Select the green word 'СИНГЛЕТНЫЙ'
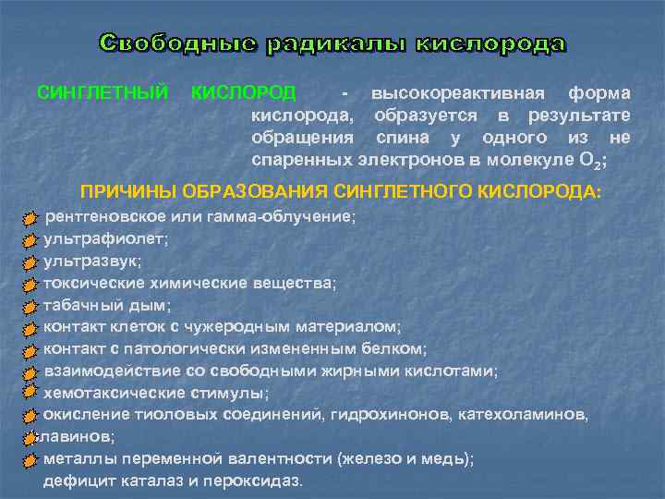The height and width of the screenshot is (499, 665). (102, 93)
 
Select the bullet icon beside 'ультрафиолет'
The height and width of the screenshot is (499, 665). (31, 239)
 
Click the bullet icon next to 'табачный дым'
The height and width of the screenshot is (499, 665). (31, 306)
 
